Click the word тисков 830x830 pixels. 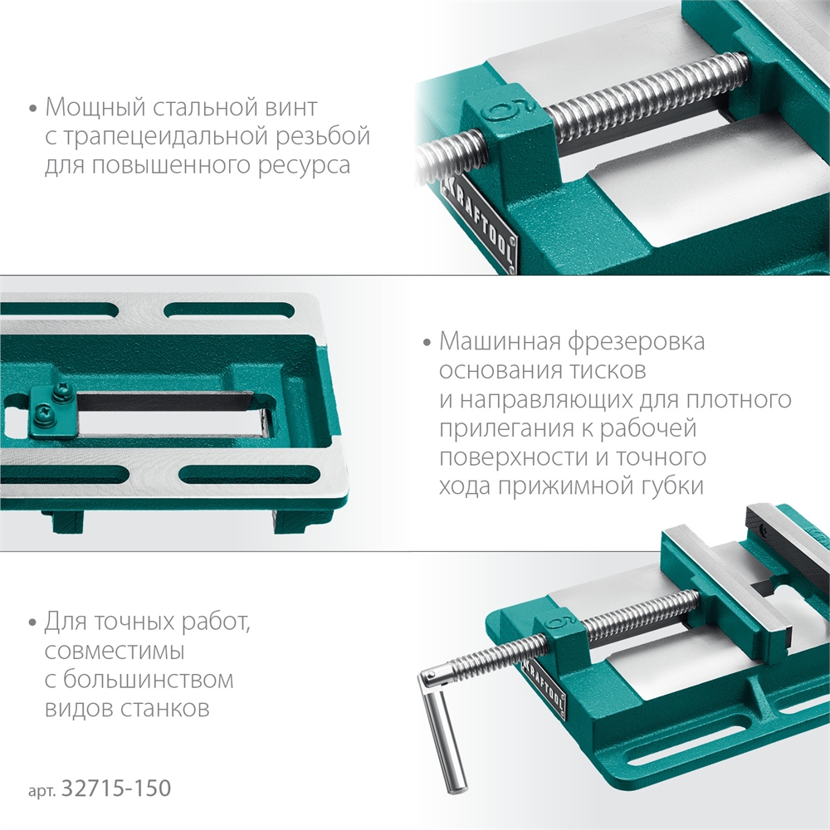coord(604,371)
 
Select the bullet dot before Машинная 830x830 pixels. coord(427,343)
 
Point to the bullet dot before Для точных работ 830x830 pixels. coord(33,623)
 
